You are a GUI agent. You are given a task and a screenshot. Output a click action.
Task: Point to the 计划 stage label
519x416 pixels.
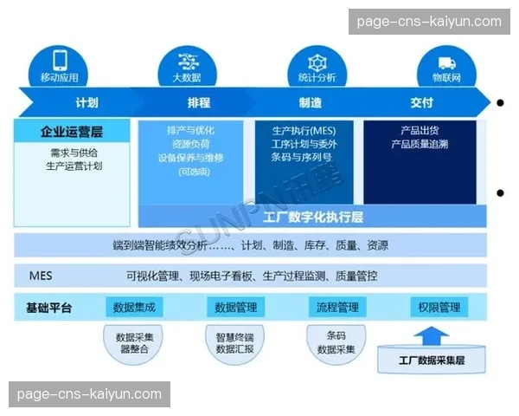click(x=86, y=103)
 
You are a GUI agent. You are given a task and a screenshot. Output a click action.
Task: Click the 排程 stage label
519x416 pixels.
click(x=198, y=103)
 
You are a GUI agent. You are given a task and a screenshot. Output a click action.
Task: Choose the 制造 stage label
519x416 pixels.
click(x=310, y=103)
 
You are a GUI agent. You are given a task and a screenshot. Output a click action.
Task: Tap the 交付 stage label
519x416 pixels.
click(x=421, y=103)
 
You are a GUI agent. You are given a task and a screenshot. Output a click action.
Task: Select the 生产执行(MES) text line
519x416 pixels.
click(x=304, y=130)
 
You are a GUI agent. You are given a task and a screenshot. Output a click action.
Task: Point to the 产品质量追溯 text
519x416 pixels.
click(x=420, y=144)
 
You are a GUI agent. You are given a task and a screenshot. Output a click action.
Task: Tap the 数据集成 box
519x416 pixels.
click(x=134, y=307)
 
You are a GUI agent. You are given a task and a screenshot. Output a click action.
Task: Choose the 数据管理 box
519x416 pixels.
click(x=235, y=307)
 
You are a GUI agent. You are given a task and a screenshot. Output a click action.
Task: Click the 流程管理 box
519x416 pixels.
click(x=336, y=307)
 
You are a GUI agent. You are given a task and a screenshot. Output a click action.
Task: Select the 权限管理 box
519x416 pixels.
click(x=439, y=307)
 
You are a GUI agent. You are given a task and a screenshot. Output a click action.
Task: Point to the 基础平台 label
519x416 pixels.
click(x=49, y=308)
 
